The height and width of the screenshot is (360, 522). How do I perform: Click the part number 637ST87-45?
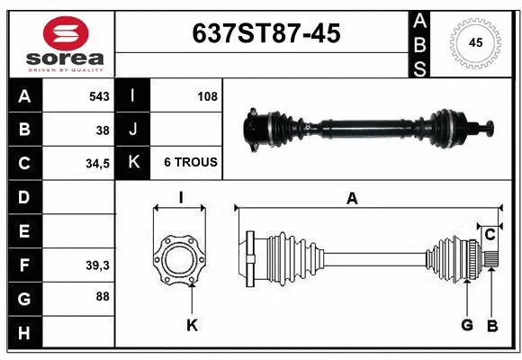click(x=267, y=34)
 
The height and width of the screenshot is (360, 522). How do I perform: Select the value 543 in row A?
click(x=98, y=95)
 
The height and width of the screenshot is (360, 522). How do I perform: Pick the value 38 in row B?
click(x=102, y=130)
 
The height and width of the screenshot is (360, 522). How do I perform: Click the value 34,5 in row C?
click(x=97, y=163)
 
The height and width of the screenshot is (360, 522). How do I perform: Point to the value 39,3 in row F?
click(x=97, y=265)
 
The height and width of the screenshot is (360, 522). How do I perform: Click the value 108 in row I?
click(x=207, y=95)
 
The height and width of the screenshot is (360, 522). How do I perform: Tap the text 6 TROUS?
click(x=190, y=163)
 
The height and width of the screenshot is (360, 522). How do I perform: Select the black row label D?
click(x=23, y=197)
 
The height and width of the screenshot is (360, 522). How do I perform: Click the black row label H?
click(x=23, y=333)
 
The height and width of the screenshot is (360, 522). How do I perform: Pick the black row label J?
click(x=132, y=130)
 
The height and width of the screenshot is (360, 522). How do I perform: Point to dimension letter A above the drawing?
click(x=352, y=199)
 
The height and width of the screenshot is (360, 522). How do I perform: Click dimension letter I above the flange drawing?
click(x=180, y=199)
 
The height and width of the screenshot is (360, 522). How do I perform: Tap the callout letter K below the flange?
click(x=192, y=326)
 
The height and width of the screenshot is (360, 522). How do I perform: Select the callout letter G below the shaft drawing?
click(x=467, y=326)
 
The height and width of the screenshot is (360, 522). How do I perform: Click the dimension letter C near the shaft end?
click(x=490, y=235)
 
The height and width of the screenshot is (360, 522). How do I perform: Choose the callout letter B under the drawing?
click(x=492, y=326)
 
